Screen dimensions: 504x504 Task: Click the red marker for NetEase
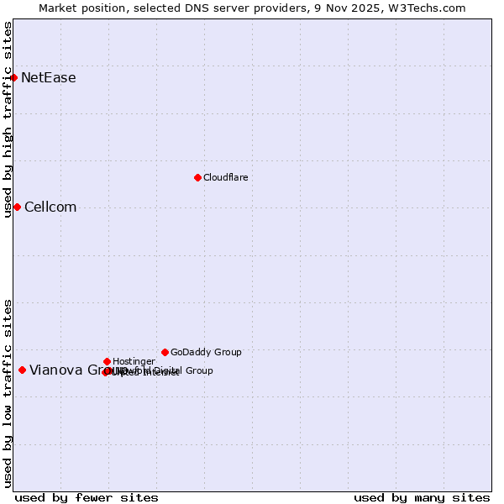[x=14, y=77]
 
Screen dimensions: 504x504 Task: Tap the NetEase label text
[x=48, y=78]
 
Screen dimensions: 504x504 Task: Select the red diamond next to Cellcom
[x=17, y=207]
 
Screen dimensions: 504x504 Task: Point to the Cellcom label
[x=50, y=207]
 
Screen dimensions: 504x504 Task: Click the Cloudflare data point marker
[x=197, y=177]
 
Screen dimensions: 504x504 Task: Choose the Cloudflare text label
[x=225, y=178]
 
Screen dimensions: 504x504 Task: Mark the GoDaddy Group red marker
[x=165, y=352]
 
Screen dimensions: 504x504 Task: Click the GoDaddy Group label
[x=206, y=353]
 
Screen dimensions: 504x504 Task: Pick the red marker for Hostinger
[x=107, y=361]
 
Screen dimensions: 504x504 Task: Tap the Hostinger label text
[x=134, y=362]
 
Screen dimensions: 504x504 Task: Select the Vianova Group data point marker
[x=22, y=370]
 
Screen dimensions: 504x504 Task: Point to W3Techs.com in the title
[x=431, y=8]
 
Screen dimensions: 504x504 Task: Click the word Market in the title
[x=58, y=8]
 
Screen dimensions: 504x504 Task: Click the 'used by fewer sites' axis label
[x=87, y=497]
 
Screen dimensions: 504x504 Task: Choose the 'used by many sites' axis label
[x=422, y=497]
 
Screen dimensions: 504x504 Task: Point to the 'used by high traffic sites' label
[x=8, y=119]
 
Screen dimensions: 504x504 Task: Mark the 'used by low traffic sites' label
[x=8, y=393]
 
